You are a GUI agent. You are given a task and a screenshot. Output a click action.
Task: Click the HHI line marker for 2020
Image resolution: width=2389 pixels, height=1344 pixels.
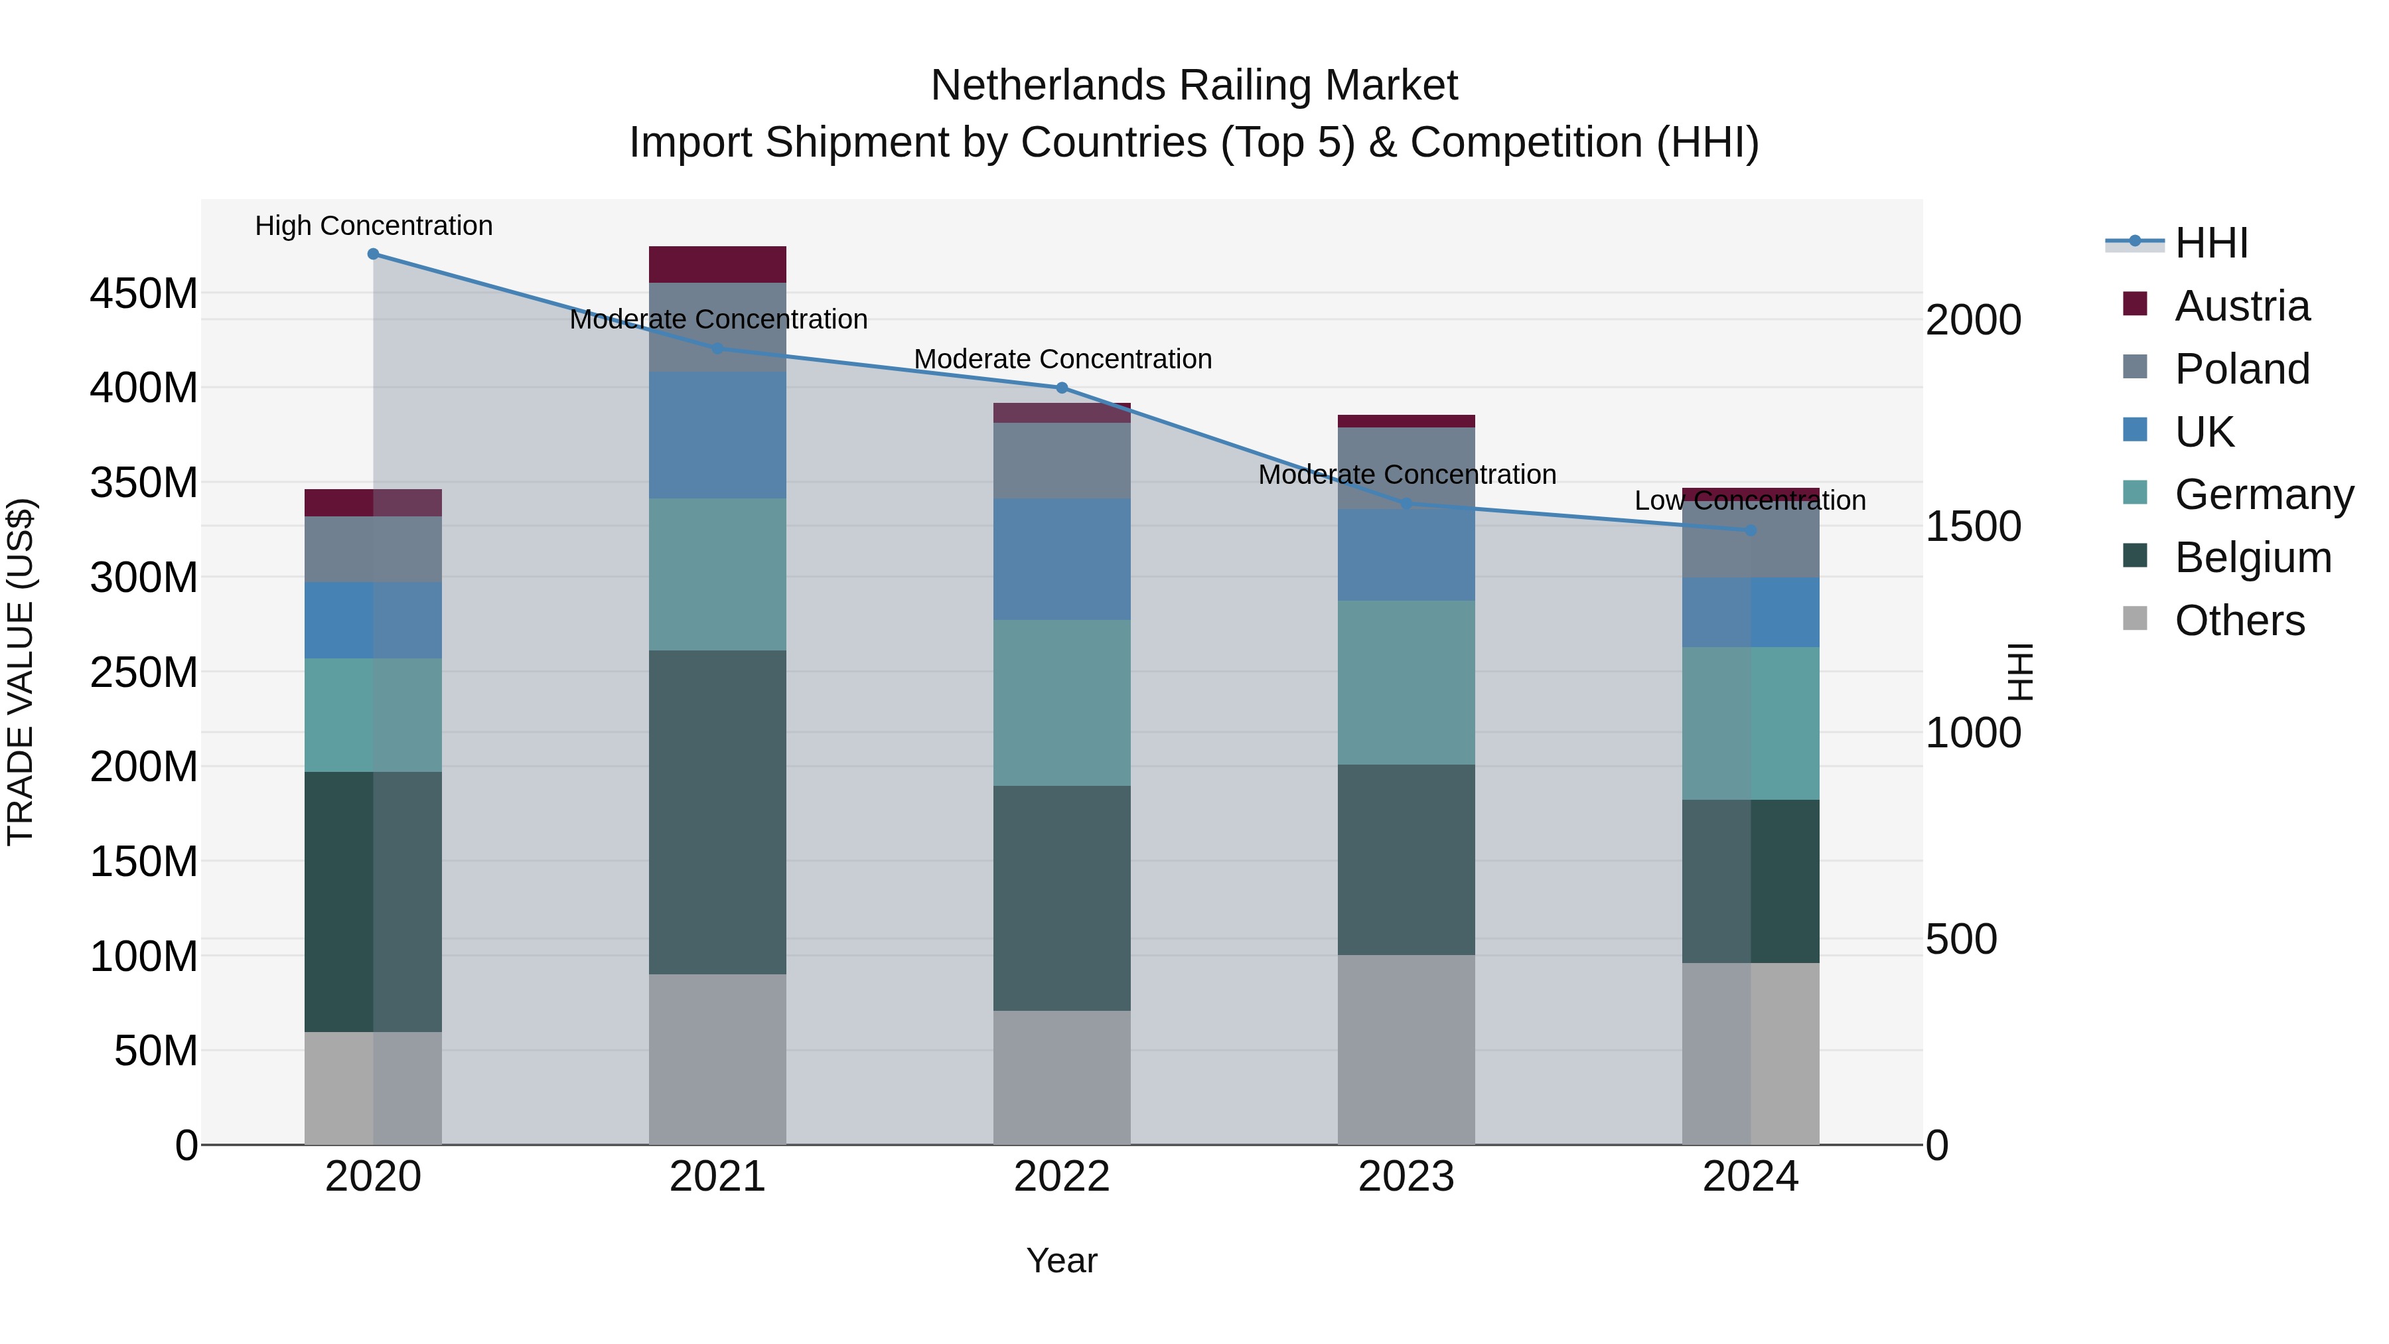(x=373, y=254)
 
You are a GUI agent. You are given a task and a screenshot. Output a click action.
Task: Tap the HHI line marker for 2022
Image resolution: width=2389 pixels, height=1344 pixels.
(x=1062, y=388)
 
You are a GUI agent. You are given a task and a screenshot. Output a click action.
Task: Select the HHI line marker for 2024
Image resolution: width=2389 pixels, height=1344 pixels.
(x=1750, y=530)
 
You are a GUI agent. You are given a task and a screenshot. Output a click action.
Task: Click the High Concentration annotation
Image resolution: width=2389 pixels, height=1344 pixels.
(x=374, y=226)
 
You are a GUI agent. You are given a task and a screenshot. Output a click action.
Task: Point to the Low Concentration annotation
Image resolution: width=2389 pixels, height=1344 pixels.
(x=1749, y=501)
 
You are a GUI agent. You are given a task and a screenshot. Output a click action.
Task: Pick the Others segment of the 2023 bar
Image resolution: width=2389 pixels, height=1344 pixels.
(x=1406, y=1049)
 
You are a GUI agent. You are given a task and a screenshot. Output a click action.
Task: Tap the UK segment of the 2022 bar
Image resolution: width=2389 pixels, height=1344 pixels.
(x=1062, y=560)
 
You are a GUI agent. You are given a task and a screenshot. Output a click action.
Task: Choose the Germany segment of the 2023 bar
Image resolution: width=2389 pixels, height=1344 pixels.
(x=1406, y=683)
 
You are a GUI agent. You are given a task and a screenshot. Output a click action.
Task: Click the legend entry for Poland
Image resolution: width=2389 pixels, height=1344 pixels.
(x=2242, y=369)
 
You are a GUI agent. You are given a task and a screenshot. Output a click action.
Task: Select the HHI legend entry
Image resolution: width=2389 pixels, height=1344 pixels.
(x=2211, y=243)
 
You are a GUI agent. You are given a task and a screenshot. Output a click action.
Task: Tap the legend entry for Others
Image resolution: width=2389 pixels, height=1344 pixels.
(x=2239, y=621)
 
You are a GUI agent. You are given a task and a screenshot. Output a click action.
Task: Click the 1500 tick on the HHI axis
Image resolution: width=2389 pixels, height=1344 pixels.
(x=1973, y=527)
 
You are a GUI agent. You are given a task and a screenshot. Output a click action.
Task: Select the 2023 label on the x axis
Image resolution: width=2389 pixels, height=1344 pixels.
(x=1406, y=1177)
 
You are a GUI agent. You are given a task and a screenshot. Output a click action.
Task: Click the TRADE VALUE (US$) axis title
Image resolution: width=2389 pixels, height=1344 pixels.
(x=21, y=672)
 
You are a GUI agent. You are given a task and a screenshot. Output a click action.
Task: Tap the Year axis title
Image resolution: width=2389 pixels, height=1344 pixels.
(x=1062, y=1260)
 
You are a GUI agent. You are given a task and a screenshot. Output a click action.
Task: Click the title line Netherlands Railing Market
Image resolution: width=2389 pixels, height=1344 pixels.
(x=1194, y=86)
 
